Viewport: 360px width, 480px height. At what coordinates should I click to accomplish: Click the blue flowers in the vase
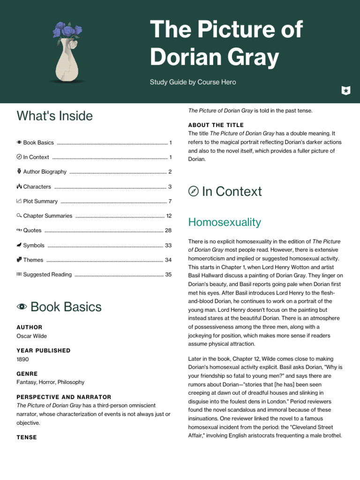pyautogui.click(x=67, y=31)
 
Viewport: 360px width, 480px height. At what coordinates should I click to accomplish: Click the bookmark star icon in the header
pyautogui.click(x=345, y=90)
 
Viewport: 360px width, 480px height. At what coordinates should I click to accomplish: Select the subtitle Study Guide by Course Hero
pyautogui.click(x=193, y=82)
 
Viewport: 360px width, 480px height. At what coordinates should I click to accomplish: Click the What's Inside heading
pyautogui.click(x=54, y=116)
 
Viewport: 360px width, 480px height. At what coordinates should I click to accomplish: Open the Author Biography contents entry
pyautogui.click(x=45, y=172)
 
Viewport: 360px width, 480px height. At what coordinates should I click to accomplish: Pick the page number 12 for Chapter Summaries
pyautogui.click(x=169, y=216)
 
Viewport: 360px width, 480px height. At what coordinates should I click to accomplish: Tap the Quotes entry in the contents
pyautogui.click(x=32, y=231)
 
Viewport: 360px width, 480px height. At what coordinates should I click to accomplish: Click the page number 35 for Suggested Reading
pyautogui.click(x=168, y=275)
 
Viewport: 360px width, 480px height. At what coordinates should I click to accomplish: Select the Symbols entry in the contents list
pyautogui.click(x=33, y=245)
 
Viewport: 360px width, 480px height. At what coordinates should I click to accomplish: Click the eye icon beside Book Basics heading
pyautogui.click(x=22, y=307)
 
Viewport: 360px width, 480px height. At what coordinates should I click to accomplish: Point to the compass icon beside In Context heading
pyautogui.click(x=193, y=191)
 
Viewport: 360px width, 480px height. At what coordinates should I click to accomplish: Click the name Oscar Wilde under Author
pyautogui.click(x=31, y=336)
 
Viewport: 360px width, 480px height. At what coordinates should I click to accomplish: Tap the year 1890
pyautogui.click(x=22, y=359)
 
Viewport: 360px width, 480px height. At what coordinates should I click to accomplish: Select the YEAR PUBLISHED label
pyautogui.click(x=43, y=351)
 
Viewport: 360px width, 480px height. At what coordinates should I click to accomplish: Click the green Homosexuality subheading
pyautogui.click(x=224, y=222)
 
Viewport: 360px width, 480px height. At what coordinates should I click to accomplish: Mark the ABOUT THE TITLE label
pyautogui.click(x=216, y=125)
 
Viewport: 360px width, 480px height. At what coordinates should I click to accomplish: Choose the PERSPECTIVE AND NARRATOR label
pyautogui.click(x=64, y=397)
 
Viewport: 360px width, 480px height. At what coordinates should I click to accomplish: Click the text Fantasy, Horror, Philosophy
pyautogui.click(x=50, y=382)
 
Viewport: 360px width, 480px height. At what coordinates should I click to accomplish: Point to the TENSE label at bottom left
pyautogui.click(x=26, y=437)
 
